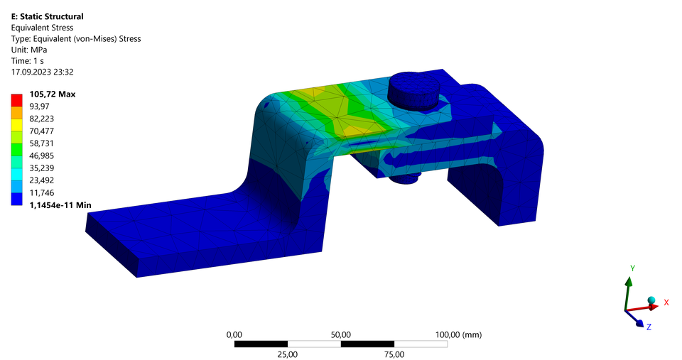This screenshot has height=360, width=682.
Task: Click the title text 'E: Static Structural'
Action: click(48, 16)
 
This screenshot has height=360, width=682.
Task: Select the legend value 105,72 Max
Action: click(52, 94)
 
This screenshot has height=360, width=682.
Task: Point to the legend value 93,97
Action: click(40, 107)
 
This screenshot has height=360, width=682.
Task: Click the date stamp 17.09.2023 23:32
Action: click(43, 72)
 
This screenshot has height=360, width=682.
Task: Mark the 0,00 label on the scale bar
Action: click(234, 334)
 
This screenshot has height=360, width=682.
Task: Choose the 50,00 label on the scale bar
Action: click(340, 334)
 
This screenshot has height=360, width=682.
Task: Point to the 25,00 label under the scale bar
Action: click(287, 354)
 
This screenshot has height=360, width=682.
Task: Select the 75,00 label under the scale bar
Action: click(394, 354)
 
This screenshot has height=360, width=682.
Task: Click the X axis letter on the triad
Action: click(666, 302)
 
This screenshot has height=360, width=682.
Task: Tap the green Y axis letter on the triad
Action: click(632, 268)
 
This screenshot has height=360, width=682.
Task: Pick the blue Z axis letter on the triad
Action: click(649, 327)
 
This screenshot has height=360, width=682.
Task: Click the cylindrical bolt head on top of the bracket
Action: click(413, 87)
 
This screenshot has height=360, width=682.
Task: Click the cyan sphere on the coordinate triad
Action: click(650, 300)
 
